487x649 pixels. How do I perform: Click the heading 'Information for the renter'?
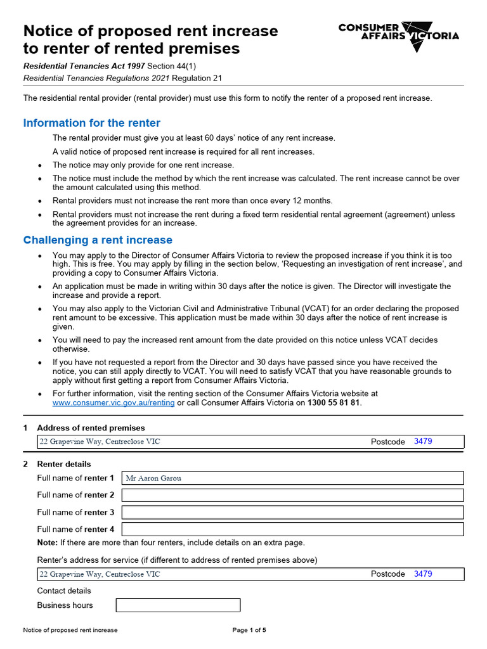(92, 123)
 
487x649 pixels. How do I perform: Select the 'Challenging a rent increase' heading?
(98, 240)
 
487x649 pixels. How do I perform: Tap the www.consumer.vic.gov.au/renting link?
(114, 403)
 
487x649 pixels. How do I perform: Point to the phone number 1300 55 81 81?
(334, 403)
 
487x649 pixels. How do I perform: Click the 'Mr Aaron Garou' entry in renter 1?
(153, 479)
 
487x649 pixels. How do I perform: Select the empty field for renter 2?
(292, 495)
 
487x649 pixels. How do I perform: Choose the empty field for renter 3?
(292, 512)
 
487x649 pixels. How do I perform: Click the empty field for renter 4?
(292, 529)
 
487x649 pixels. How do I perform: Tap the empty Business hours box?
(178, 605)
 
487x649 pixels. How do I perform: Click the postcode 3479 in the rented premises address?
(423, 441)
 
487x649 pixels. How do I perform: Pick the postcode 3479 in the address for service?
(423, 574)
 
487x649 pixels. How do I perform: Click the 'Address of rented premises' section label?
(91, 428)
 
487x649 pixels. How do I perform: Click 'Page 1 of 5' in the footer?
(249, 630)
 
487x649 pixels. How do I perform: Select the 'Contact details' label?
(64, 591)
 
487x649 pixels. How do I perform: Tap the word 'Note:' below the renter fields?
(47, 543)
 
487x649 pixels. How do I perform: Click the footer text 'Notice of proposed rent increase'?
(70, 630)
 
